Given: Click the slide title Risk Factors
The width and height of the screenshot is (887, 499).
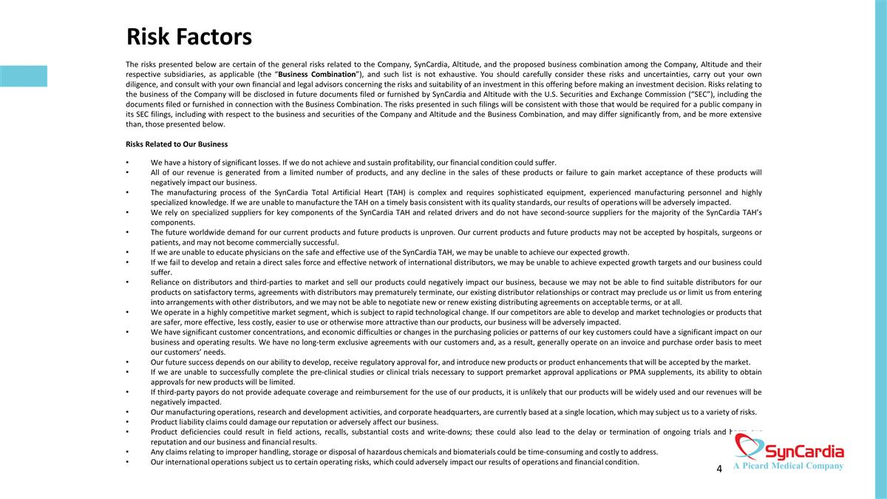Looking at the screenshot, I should point(189,36).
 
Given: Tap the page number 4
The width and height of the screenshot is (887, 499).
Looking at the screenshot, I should point(719,469).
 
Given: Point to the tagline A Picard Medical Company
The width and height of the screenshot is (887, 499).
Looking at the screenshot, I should point(788,466).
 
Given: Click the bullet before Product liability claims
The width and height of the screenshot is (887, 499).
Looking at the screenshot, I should point(128,422).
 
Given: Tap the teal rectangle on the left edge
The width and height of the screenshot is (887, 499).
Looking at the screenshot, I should point(24,76).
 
